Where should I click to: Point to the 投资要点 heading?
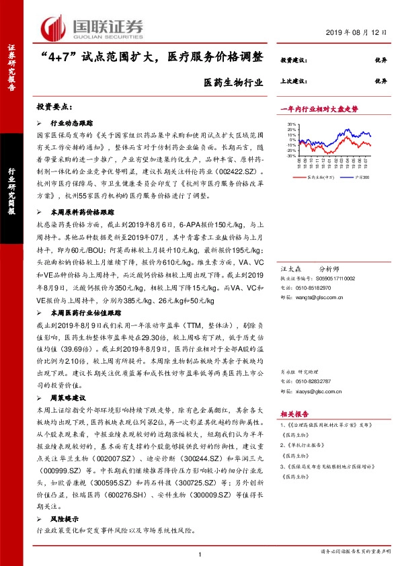(x=54, y=108)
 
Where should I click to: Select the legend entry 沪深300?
(x=356, y=177)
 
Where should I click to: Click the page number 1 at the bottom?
(x=200, y=554)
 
